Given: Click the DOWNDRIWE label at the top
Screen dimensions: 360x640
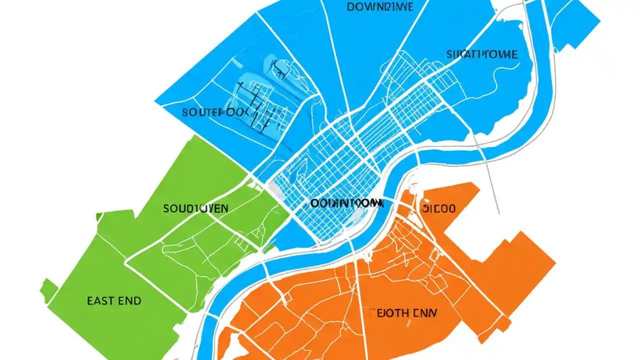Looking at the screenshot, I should (x=379, y=7).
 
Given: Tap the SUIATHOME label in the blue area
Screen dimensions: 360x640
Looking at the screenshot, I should (x=482, y=54).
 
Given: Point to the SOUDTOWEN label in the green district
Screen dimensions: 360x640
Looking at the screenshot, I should (x=196, y=208).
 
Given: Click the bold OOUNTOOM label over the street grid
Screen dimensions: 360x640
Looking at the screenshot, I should (x=346, y=203).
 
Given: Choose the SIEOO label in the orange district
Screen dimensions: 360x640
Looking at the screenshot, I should (x=438, y=208).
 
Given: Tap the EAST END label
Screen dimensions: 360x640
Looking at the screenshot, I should (x=114, y=301).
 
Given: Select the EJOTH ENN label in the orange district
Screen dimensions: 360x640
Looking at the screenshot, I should (x=400, y=313).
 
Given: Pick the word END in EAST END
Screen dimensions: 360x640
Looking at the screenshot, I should (x=130, y=301).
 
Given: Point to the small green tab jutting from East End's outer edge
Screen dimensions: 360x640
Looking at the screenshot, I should (x=48, y=289).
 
